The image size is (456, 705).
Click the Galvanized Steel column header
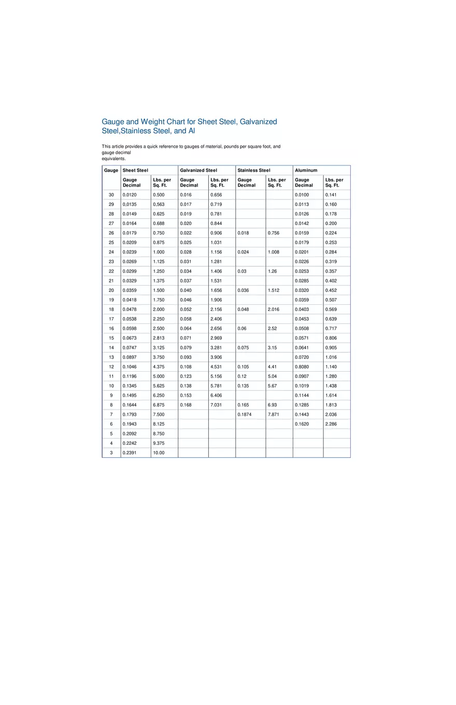(198, 170)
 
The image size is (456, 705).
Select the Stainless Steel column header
(254, 170)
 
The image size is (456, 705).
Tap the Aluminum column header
(306, 170)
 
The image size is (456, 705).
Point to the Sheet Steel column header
(135, 170)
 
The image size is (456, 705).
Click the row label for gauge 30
(111, 195)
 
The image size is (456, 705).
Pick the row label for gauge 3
(111, 453)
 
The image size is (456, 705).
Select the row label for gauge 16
(111, 329)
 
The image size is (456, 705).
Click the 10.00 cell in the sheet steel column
(159, 453)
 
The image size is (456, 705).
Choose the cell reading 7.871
(274, 415)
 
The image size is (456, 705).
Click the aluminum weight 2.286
(331, 424)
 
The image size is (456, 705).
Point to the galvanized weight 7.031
(216, 405)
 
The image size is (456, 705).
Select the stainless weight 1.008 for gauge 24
(274, 252)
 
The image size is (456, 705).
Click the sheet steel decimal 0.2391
(130, 453)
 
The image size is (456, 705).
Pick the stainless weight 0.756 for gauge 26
(274, 233)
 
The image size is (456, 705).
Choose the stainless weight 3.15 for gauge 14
(273, 348)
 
